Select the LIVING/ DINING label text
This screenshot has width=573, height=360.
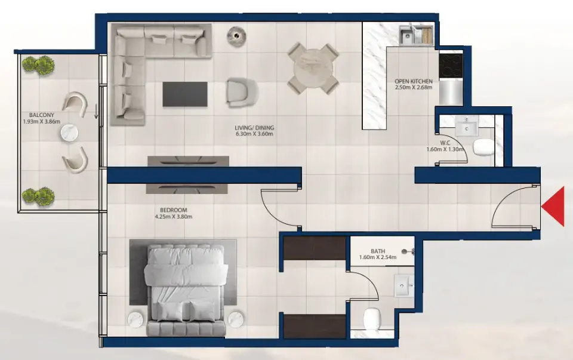253,127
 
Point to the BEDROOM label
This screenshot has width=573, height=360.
174,210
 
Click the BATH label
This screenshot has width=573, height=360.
377,251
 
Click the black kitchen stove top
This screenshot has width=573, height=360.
451,65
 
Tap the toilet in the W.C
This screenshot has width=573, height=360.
483,147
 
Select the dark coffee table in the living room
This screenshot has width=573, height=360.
185,94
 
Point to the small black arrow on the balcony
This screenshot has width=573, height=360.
96,111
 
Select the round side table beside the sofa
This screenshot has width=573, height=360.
236,37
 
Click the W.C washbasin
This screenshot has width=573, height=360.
466,126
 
